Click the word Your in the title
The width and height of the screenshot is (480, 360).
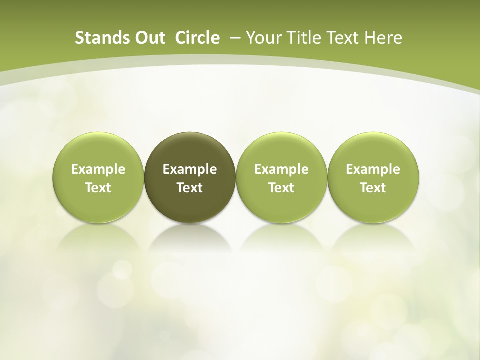click(263, 38)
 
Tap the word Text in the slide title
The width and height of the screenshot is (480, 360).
click(344, 38)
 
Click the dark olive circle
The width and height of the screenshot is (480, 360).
click(190, 150)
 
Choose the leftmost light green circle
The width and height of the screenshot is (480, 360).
click(98, 150)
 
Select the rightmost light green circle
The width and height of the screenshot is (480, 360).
click(373, 150)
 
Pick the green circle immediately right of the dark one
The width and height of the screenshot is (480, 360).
click(281, 150)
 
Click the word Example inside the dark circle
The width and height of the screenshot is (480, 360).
click(190, 170)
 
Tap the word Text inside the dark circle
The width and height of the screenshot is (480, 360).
click(190, 188)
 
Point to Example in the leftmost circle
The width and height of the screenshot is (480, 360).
click(98, 170)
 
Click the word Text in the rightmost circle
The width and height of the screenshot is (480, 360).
click(373, 188)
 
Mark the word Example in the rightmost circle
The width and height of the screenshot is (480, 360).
click(373, 170)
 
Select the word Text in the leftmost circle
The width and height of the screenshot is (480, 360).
click(98, 188)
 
